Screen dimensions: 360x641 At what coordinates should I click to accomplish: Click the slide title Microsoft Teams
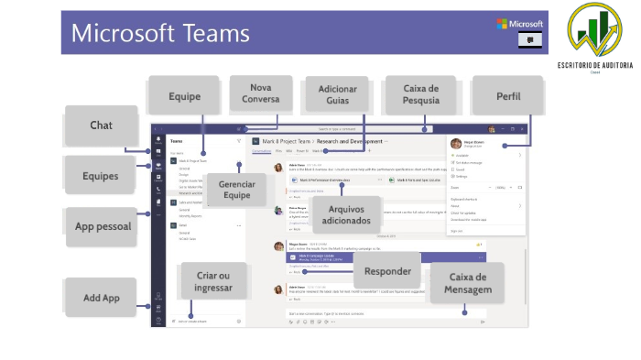click(160, 34)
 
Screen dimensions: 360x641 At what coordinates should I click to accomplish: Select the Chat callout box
click(102, 125)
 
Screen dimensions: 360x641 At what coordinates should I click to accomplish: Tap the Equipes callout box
click(102, 175)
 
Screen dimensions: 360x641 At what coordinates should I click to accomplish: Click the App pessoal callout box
click(102, 225)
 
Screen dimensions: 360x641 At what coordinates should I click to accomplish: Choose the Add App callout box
click(102, 297)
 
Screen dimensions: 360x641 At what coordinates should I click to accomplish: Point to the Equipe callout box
click(183, 95)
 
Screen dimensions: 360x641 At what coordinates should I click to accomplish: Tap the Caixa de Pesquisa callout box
click(420, 95)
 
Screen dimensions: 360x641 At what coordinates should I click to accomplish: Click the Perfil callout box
click(508, 95)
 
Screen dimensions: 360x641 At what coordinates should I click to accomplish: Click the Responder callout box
click(387, 270)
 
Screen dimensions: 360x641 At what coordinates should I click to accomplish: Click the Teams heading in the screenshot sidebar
click(177, 142)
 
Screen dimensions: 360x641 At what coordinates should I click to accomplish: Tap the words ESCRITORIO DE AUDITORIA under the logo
click(597, 65)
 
